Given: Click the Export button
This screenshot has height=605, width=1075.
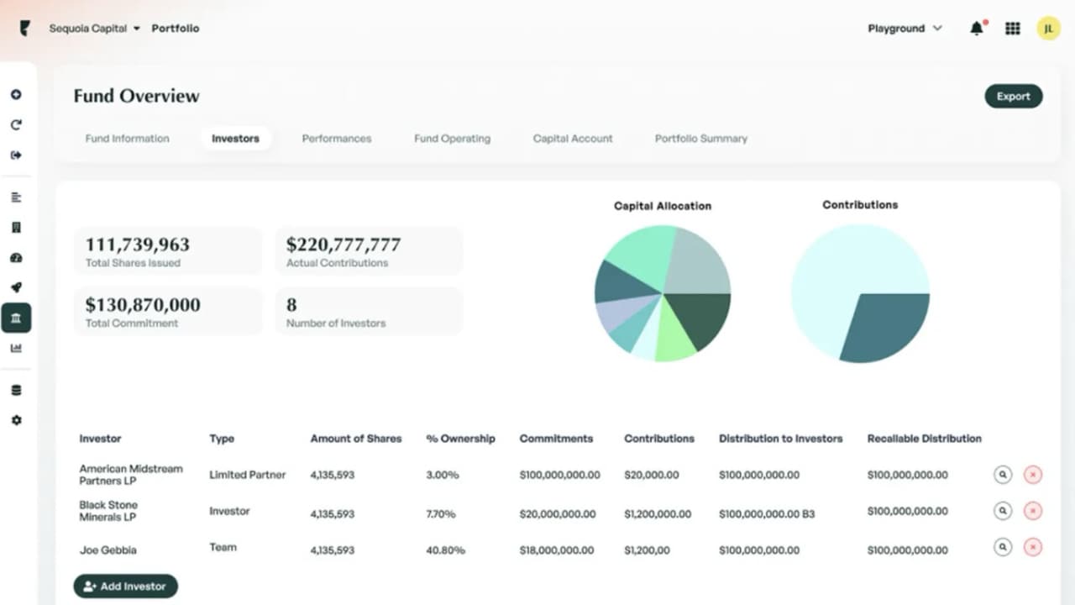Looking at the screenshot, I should coord(1013,97).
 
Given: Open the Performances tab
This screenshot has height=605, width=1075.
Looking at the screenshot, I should coord(336,139).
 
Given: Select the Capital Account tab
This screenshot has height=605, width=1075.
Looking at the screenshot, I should coord(573,139).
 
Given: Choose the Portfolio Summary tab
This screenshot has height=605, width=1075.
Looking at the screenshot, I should coord(700,139).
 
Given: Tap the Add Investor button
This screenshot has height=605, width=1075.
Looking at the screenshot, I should coord(125,587).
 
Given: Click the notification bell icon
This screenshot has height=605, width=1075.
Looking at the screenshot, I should coord(976,29).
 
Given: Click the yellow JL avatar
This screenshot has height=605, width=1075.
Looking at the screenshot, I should coord(1048,29).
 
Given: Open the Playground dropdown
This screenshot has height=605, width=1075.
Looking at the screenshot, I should coord(905,29).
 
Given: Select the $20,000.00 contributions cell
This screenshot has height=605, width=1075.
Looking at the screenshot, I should coord(651,475).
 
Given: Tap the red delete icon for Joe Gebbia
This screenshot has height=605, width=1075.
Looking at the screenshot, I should coord(1033,548).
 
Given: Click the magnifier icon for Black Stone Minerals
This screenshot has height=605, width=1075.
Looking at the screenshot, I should coord(1002,511).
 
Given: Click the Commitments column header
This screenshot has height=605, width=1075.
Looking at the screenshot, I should coord(556,439).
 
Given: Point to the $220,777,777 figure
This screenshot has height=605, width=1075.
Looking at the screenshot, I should coord(343,245).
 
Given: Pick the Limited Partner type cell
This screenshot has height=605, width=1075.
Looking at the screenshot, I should coord(247,475).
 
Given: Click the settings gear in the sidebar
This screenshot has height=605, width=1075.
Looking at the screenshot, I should coord(16,420).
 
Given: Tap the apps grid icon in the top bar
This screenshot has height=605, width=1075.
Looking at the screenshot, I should coord(1012,29).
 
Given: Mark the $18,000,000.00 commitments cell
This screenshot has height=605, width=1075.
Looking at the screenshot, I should coord(556,550).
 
